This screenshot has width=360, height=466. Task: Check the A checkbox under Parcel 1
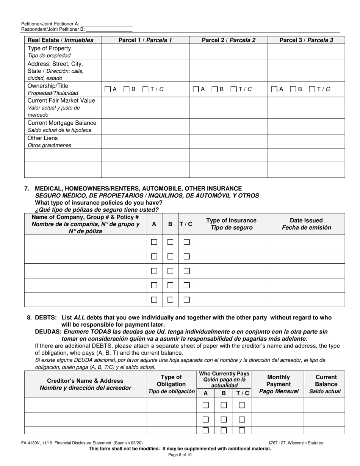tap(108, 89)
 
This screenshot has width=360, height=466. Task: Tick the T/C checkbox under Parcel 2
tap(234, 89)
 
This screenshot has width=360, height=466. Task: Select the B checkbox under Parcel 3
tap(293, 89)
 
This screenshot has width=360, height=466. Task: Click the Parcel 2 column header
tap(228, 40)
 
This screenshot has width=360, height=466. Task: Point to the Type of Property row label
tap(49, 48)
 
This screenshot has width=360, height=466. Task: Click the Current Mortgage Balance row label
tap(62, 123)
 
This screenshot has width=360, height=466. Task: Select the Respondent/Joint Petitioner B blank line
tap(109, 29)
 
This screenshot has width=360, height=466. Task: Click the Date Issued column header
tap(306, 224)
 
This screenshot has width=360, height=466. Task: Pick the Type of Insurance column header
tap(231, 224)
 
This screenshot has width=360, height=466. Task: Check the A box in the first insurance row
tap(154, 242)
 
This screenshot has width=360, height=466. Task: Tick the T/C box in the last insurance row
tap(186, 300)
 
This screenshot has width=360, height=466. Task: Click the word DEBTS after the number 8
tap(46, 317)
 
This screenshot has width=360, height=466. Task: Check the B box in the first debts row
tap(224, 405)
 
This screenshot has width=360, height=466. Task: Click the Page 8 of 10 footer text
tap(180, 455)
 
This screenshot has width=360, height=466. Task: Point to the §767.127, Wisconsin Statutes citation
tap(295, 443)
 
